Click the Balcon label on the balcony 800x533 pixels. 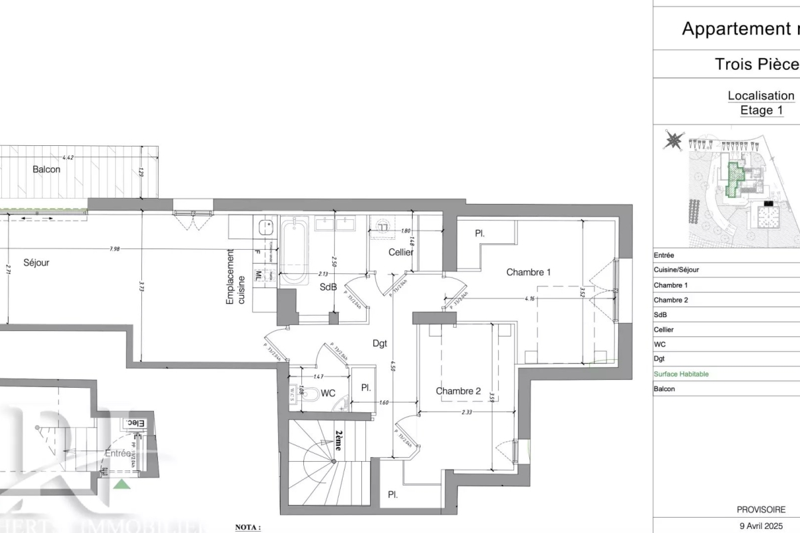click(47, 169)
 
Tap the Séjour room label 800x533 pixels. click(36, 263)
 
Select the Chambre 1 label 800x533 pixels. click(529, 272)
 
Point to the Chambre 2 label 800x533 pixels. click(458, 391)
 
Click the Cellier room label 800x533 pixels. click(401, 252)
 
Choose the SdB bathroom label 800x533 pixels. click(327, 287)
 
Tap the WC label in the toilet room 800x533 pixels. click(328, 393)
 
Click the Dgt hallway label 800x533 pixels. click(380, 344)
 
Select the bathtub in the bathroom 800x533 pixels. click(293, 251)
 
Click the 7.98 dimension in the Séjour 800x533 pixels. click(117, 249)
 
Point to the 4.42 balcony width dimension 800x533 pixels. click(67, 158)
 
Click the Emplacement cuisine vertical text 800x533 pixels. click(235, 277)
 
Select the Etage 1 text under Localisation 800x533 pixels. click(761, 111)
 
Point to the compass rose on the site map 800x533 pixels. click(673, 141)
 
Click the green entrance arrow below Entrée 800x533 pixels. click(122, 483)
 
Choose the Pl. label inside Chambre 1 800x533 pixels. click(479, 234)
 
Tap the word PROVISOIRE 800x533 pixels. click(761, 509)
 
